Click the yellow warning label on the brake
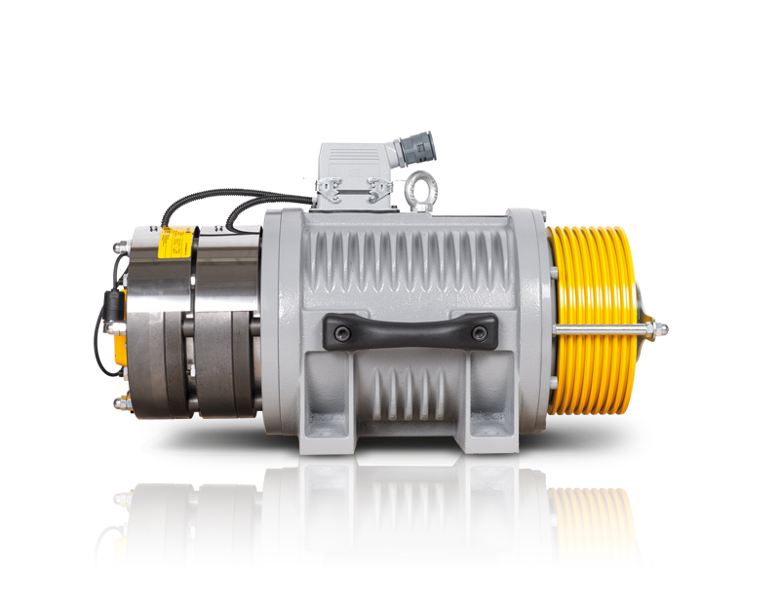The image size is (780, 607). [175, 240]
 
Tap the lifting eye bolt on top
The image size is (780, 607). [421, 186]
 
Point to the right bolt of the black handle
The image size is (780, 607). [479, 333]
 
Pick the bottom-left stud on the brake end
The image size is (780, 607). [118, 402]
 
